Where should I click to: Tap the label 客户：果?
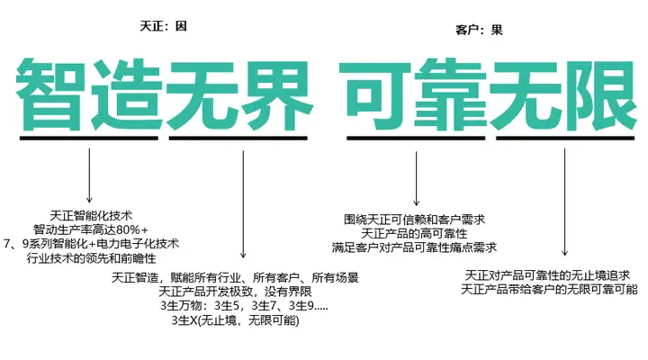(x=479, y=30)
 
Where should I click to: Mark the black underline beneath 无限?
(x=564, y=139)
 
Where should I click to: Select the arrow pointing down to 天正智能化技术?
(x=89, y=175)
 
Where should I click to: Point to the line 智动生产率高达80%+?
(x=91, y=229)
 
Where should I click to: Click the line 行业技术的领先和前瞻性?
(x=90, y=258)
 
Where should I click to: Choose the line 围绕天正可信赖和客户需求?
(x=415, y=219)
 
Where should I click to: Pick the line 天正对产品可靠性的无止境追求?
(x=546, y=274)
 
